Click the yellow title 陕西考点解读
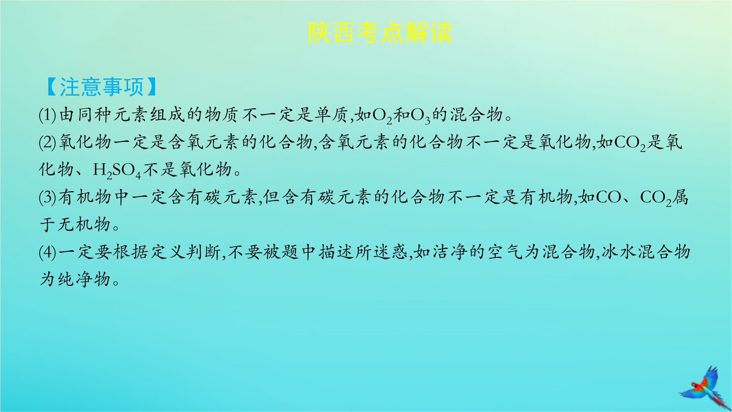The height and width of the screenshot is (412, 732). [x=380, y=33]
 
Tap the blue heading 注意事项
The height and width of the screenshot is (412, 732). [x=102, y=87]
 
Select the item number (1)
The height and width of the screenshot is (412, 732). [x=47, y=115]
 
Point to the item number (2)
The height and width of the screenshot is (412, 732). [x=47, y=142]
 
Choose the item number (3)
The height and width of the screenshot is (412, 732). [x=47, y=197]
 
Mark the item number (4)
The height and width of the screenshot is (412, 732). [x=47, y=252]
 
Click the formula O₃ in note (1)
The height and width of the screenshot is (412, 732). [x=420, y=116]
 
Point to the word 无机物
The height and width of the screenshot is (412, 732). [x=84, y=225]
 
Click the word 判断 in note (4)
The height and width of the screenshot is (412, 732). [x=203, y=252]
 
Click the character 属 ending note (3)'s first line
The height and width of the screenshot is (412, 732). [x=680, y=197]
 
